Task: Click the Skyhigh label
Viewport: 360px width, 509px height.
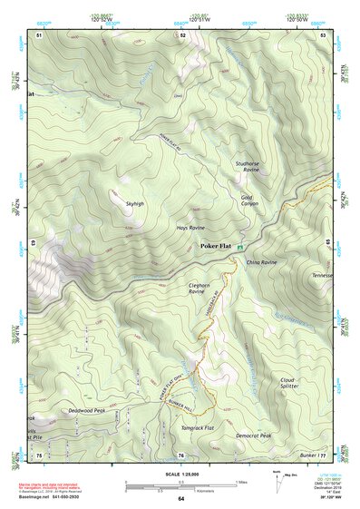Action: [x=135, y=204]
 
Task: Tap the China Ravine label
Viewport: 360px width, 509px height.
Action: [x=260, y=262]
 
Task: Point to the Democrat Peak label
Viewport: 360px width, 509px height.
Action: [x=254, y=436]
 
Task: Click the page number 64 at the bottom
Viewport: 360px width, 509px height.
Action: [x=181, y=498]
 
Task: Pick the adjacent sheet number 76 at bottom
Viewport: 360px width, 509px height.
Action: [x=180, y=455]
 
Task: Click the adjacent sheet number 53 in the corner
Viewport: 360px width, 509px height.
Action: [x=324, y=34]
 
